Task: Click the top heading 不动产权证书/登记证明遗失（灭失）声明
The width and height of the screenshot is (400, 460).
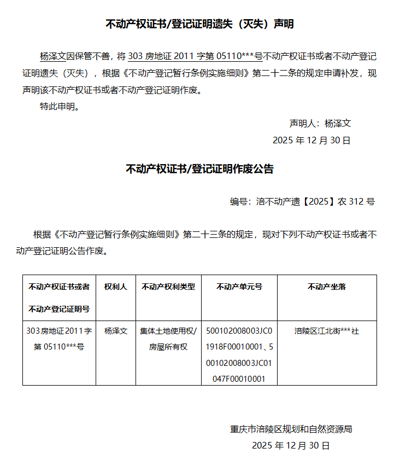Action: (199, 24)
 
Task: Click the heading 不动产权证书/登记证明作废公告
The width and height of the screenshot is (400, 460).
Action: (199, 169)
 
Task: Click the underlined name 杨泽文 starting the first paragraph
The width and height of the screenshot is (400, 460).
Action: (53, 56)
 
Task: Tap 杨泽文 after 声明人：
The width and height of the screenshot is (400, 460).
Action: (337, 124)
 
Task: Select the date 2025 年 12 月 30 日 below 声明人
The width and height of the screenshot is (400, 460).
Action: (311, 141)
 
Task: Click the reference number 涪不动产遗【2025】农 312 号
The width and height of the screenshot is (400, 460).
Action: (315, 202)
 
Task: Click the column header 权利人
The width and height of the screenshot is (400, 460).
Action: (116, 287)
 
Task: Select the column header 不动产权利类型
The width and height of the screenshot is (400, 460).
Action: (168, 287)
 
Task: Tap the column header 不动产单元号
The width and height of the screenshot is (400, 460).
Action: (239, 287)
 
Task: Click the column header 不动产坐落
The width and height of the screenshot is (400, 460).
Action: (327, 287)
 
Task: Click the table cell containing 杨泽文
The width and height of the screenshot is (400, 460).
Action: (116, 331)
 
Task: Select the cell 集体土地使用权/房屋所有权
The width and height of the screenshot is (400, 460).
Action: (168, 339)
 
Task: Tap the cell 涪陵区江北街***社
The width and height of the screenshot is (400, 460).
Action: (327, 331)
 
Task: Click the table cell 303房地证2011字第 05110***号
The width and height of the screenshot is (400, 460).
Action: (59, 339)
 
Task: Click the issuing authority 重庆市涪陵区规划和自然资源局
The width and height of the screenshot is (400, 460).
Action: (291, 429)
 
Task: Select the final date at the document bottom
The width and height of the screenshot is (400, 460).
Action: (291, 446)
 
